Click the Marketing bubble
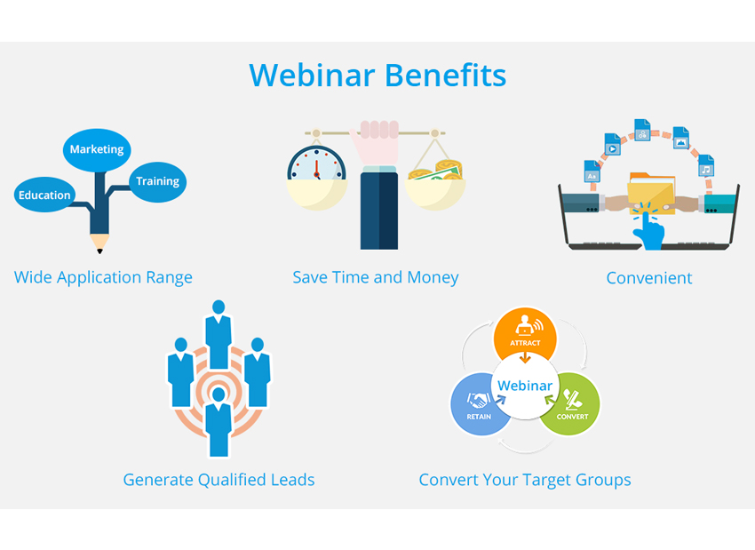[x=97, y=150]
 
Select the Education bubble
[x=44, y=195]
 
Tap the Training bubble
[x=157, y=181]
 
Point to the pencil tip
[x=99, y=251]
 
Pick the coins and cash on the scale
[x=436, y=171]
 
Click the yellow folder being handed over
[x=651, y=194]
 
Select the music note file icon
[x=706, y=165]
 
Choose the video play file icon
[x=613, y=145]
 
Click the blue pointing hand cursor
[x=648, y=229]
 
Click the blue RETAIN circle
[x=479, y=404]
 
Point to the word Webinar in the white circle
[x=525, y=386]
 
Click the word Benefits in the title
[x=445, y=76]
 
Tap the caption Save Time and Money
[x=376, y=277]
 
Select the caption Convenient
[x=649, y=278]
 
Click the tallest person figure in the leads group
[x=219, y=335]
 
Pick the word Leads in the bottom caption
[x=292, y=480]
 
